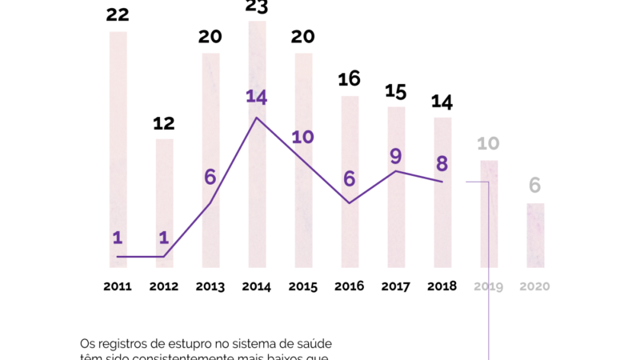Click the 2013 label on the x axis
pos(210,286)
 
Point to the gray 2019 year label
pos(488,286)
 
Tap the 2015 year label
pos(303,286)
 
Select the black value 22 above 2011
pos(118,14)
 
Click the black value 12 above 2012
pos(164,123)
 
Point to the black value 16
pos(350,79)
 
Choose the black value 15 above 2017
pos(395,90)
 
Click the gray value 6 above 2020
pos(534,186)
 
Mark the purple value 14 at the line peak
pos(256,98)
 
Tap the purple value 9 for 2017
pos(395,156)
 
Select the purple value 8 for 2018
pos(442,163)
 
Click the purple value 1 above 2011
pos(118,238)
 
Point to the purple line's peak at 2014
pos(256,118)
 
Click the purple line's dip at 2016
pos(350,202)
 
